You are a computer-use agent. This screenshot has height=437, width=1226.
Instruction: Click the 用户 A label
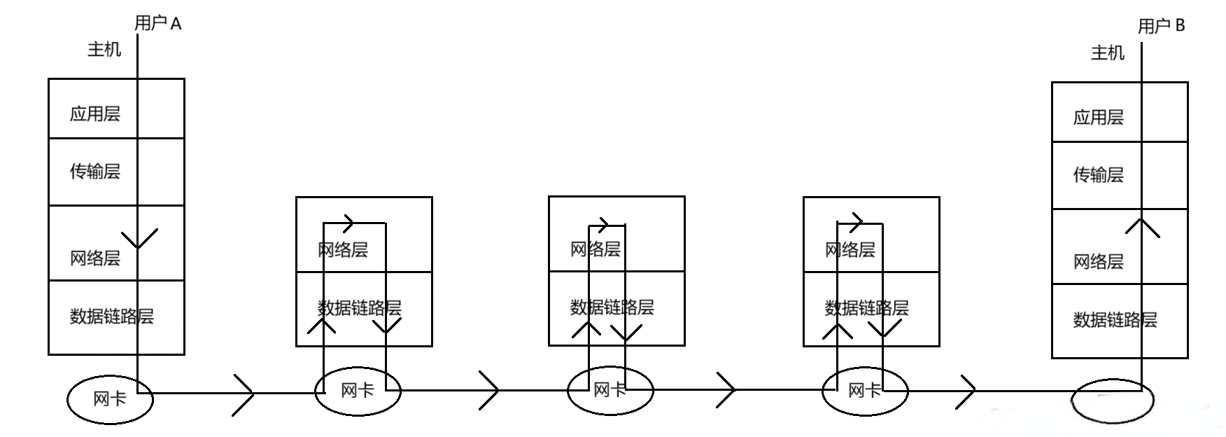click(x=157, y=24)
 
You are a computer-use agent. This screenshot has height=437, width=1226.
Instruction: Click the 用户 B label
click(x=1162, y=27)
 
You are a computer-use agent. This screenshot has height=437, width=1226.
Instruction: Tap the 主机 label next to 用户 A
click(x=104, y=50)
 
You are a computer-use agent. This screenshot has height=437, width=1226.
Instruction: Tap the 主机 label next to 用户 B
click(x=1108, y=53)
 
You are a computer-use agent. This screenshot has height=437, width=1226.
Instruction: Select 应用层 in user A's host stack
click(x=95, y=114)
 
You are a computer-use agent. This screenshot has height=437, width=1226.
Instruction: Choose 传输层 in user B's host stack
click(x=1099, y=175)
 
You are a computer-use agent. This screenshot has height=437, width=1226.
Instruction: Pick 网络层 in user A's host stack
click(x=95, y=258)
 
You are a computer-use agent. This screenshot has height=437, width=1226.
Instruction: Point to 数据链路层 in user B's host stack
click(x=1115, y=320)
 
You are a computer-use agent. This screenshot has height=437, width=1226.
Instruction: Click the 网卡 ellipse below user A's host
click(x=110, y=399)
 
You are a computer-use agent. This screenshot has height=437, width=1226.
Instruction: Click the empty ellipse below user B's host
click(x=1112, y=401)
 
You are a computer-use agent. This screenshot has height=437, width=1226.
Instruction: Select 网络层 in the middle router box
click(x=596, y=249)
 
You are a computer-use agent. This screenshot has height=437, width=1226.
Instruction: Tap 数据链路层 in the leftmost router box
click(x=360, y=308)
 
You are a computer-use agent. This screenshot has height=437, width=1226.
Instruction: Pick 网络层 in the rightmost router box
click(x=850, y=250)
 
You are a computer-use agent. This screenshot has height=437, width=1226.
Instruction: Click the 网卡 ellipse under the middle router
click(x=610, y=390)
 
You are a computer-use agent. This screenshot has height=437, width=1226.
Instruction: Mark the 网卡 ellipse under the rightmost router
click(x=864, y=391)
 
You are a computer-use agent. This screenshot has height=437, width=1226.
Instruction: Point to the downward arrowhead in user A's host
click(x=139, y=238)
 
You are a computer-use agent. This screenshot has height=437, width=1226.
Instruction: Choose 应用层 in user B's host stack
click(x=1099, y=118)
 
